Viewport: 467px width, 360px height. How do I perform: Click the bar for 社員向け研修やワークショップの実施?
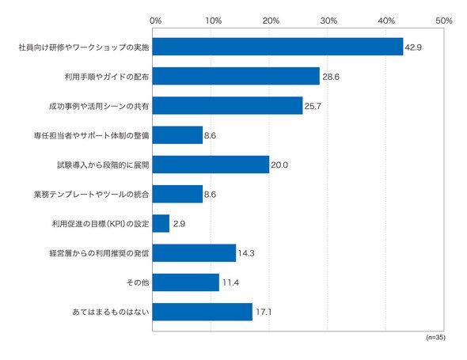[x=278, y=47]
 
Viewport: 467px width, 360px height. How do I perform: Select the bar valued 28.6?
[x=236, y=76]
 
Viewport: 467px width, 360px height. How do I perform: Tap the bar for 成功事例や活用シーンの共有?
[x=227, y=105]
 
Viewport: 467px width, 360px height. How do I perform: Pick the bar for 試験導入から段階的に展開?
[x=211, y=165]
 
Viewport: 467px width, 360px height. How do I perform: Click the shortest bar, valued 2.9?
[x=161, y=223]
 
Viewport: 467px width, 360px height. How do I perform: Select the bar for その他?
[x=186, y=282]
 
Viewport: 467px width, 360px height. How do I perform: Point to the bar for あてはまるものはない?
[x=203, y=312]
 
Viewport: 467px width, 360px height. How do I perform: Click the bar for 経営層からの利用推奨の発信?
[x=194, y=253]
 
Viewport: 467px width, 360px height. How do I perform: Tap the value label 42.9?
[x=413, y=47]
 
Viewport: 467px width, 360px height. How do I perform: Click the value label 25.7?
[x=313, y=106]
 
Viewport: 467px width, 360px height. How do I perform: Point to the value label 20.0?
[x=279, y=165]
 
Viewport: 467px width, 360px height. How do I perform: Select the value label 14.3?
[x=246, y=253]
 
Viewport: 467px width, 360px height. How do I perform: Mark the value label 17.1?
[x=264, y=312]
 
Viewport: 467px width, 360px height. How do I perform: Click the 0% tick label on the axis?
[x=155, y=21]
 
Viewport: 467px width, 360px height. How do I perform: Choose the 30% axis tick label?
[x=328, y=21]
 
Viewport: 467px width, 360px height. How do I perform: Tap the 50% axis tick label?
[x=444, y=21]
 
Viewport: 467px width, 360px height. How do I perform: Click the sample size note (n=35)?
[x=435, y=337]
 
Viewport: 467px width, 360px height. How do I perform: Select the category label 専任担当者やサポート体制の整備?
[x=91, y=136]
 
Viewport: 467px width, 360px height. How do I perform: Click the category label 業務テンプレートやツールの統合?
[x=91, y=195]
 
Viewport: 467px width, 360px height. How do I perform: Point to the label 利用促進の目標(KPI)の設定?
[x=101, y=224]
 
